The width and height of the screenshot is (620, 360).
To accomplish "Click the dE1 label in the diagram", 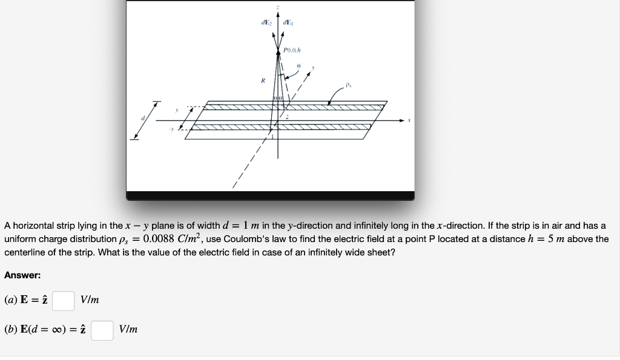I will click(x=288, y=24).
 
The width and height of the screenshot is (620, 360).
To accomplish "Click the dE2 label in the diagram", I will click(x=265, y=24).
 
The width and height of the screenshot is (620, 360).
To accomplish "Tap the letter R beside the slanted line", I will click(x=262, y=79).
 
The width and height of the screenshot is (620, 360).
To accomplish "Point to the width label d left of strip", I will click(x=143, y=119).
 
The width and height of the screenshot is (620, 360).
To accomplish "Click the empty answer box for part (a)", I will click(x=63, y=300).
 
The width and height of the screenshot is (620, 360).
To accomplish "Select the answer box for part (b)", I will click(x=102, y=330).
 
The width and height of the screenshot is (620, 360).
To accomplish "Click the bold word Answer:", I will click(x=22, y=275).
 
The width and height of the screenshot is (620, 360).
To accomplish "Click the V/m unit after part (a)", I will click(x=90, y=300).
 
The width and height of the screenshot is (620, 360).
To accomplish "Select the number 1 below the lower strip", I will click(x=273, y=139).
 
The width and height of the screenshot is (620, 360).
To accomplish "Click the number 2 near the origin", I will click(x=288, y=116).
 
